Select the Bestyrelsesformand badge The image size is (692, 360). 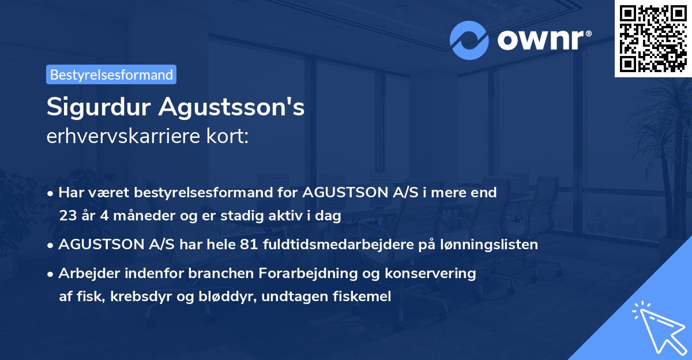111,74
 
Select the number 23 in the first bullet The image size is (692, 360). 67,216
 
